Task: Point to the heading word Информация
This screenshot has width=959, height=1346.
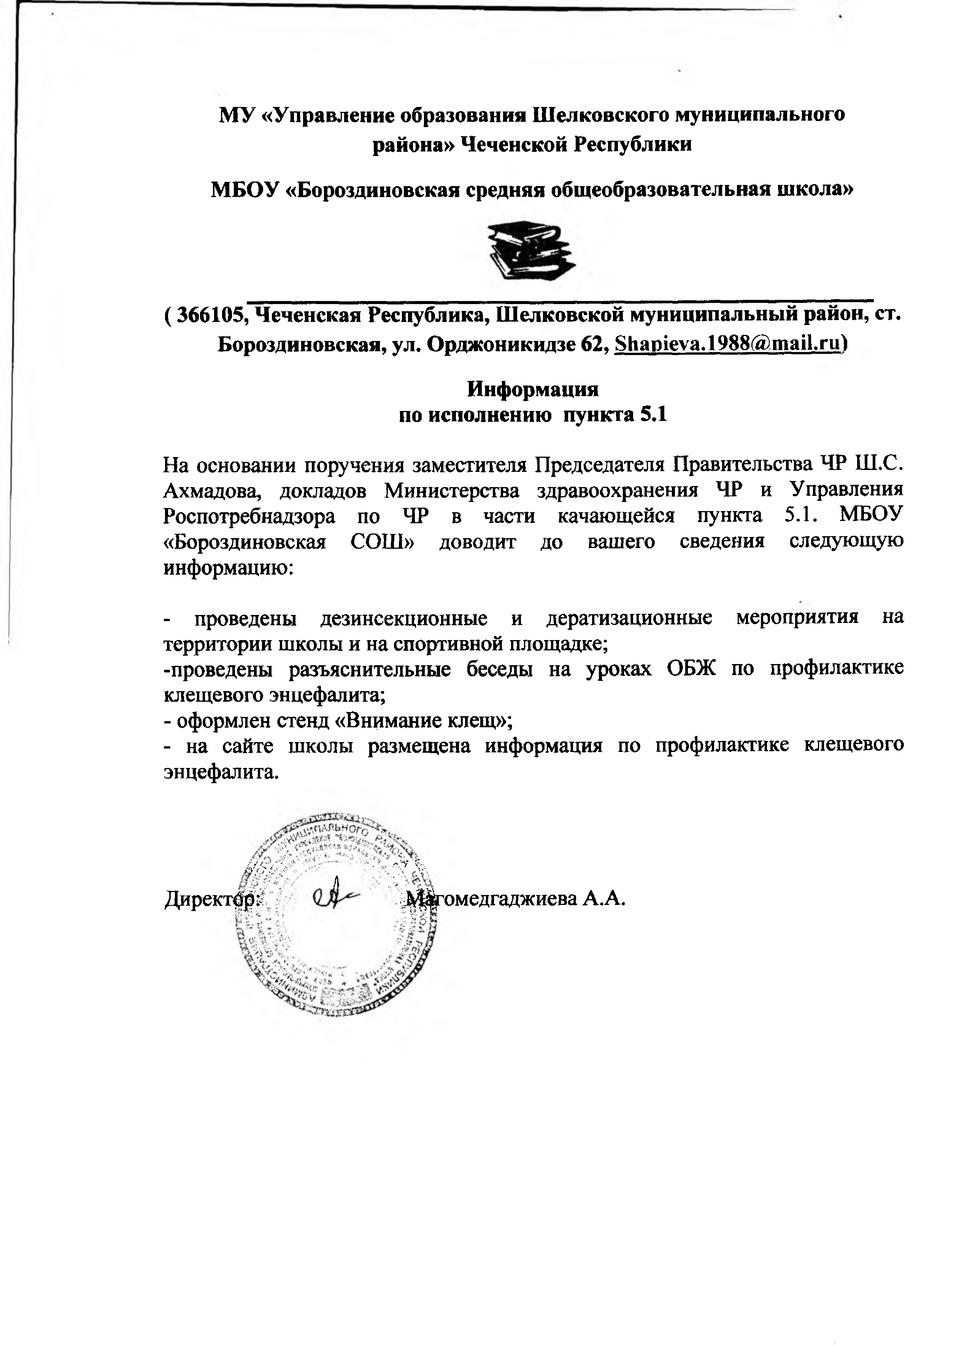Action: pyautogui.click(x=533, y=389)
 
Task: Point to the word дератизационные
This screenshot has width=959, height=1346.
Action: pyautogui.click(x=629, y=618)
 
